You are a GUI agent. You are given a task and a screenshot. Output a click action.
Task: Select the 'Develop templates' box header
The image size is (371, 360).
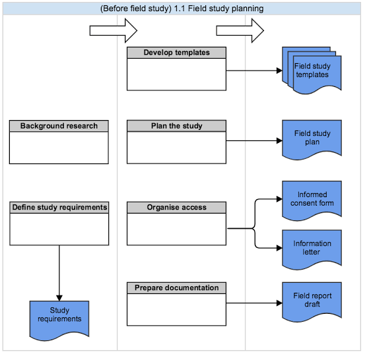point(176,53)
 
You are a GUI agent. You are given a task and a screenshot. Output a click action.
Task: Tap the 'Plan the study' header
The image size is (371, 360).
point(176,126)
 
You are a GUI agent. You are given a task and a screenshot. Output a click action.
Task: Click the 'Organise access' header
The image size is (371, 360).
point(176,208)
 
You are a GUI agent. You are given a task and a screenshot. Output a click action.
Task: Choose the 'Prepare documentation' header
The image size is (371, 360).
point(176,288)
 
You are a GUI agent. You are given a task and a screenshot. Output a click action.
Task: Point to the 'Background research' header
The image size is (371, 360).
point(59,126)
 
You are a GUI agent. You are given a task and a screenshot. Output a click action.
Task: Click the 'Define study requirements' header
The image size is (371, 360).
point(59,208)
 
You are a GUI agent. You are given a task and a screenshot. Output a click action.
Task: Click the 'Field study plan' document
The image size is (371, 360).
point(312,138)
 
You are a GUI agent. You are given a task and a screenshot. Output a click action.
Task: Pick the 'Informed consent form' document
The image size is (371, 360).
point(312,199)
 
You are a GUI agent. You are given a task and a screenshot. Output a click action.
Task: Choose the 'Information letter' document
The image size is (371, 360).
point(312,248)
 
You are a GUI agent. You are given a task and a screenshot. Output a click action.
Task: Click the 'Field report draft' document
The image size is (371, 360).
point(312,301)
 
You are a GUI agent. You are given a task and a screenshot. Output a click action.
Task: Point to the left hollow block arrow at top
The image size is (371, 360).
point(113,30)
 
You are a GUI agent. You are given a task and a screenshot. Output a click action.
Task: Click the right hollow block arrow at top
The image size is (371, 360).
point(240,30)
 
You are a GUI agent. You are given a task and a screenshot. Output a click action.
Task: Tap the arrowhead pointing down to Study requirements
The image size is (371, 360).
point(59,296)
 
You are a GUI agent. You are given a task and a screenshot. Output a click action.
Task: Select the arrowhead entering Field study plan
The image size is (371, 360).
point(278,140)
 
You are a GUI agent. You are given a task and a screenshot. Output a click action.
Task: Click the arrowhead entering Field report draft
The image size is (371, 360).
point(278,303)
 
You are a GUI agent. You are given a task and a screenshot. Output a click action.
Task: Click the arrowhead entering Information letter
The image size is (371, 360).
point(278,249)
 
